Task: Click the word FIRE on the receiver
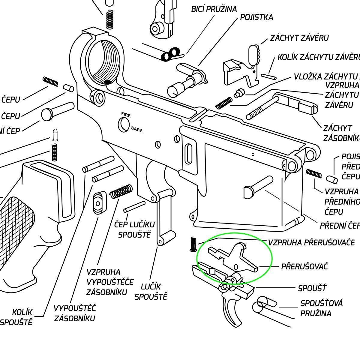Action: [x=126, y=114]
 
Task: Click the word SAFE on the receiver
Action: [x=136, y=129]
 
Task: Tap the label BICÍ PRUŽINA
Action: [x=214, y=9]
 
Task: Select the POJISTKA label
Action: [x=256, y=17]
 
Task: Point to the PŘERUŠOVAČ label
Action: [x=304, y=266]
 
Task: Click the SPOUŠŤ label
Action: [x=312, y=288]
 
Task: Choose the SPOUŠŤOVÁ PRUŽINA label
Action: [x=321, y=308]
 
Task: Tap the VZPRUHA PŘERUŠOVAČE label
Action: [x=311, y=242]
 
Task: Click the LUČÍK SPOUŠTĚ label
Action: [x=151, y=292]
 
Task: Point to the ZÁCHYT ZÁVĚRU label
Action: [x=299, y=38]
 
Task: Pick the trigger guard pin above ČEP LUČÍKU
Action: [x=134, y=207]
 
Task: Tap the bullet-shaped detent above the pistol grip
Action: [x=55, y=135]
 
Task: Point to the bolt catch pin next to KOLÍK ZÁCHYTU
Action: [x=268, y=76]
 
